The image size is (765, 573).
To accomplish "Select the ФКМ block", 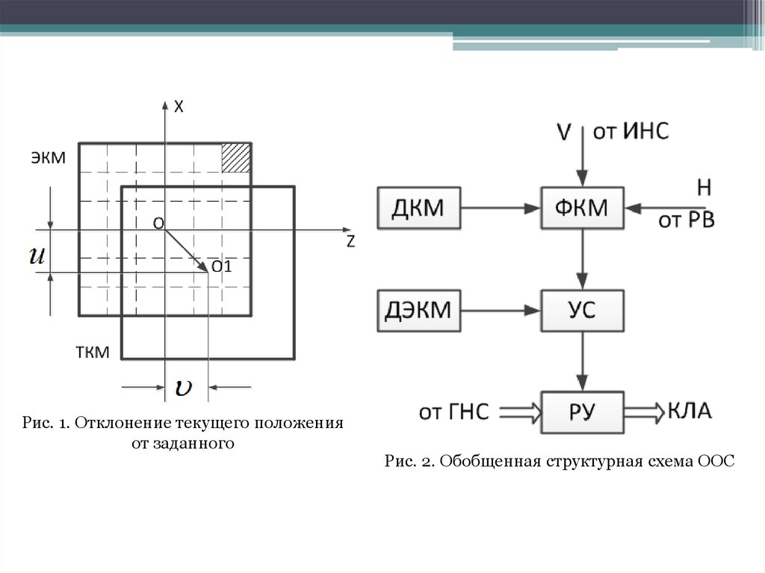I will (x=583, y=208).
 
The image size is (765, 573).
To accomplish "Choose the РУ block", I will (x=583, y=411).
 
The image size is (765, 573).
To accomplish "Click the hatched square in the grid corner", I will (x=236, y=158).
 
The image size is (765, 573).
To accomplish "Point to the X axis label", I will (x=179, y=108).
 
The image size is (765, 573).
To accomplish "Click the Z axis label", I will (x=350, y=241).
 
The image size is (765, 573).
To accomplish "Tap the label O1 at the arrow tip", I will (x=222, y=267).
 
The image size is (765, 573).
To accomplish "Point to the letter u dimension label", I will (x=37, y=255).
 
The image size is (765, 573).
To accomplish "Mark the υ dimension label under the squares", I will (x=184, y=387).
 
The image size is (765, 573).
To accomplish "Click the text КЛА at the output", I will (x=691, y=410).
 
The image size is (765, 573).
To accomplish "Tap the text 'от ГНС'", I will (x=454, y=411).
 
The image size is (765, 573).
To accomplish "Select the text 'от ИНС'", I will (x=631, y=132).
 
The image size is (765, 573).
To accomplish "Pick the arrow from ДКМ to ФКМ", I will (x=501, y=208).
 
